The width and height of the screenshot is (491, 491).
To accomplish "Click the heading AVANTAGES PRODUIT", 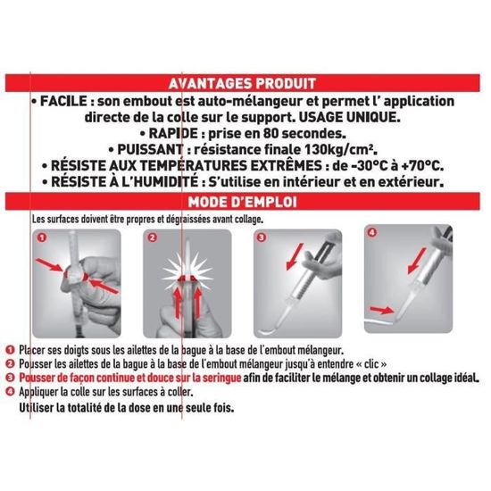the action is click(x=242, y=83).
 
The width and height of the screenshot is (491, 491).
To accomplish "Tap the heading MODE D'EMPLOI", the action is click(x=242, y=202).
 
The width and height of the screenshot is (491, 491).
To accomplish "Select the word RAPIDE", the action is click(x=173, y=133).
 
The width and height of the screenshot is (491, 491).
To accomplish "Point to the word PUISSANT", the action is click(x=150, y=149).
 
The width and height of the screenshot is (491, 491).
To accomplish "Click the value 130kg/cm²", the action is click(x=341, y=150).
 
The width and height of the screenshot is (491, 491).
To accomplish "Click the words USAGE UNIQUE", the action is click(x=349, y=118).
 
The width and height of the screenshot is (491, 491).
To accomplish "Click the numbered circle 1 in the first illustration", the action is click(x=42, y=237).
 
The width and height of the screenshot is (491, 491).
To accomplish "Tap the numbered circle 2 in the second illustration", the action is click(x=152, y=237).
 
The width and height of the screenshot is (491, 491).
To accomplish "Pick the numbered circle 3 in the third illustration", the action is click(x=262, y=237).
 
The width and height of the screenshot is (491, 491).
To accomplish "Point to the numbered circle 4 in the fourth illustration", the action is click(x=372, y=233).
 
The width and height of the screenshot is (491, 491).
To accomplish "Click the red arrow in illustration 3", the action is click(x=295, y=256).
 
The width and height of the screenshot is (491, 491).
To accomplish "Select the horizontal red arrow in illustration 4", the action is click(x=382, y=310).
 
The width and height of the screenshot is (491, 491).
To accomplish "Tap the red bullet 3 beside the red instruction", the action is click(x=10, y=378).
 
